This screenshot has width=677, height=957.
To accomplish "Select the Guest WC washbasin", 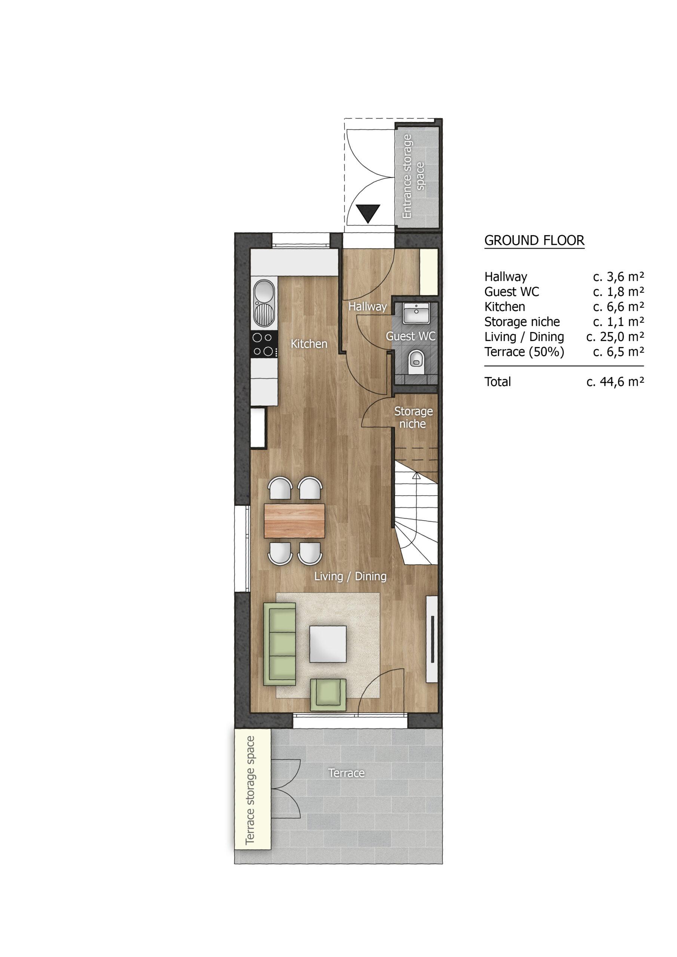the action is (416, 313).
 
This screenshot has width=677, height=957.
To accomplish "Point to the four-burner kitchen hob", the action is (264, 344).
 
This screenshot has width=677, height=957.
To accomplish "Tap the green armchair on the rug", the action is (328, 695).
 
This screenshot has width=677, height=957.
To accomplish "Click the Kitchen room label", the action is (309, 344).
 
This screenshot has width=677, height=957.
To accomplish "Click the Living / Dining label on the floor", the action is (350, 576).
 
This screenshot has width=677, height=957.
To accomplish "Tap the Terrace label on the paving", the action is (347, 773).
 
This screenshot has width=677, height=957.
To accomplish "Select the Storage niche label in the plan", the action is (413, 418).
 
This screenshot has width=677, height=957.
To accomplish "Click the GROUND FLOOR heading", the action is (534, 240).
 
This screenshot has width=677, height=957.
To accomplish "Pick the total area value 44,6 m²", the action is (615, 382).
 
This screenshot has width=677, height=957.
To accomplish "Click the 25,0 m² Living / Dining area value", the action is (615, 337).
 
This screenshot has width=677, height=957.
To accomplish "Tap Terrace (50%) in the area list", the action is (524, 352).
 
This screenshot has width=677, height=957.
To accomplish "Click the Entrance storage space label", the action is (413, 176).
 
